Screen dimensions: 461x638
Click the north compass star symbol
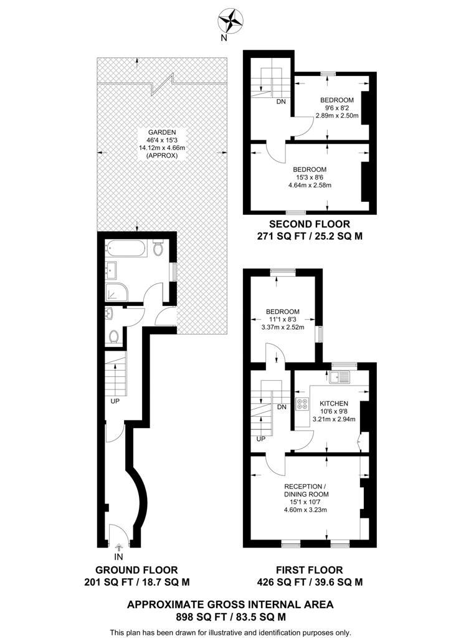[x=231, y=20]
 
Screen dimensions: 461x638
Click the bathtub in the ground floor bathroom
[x=125, y=249]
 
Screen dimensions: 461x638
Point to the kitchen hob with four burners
[x=302, y=404]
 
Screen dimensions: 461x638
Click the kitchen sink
[x=340, y=377]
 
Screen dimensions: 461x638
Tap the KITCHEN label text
[x=334, y=404]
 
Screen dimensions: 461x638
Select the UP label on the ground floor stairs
[x=115, y=401]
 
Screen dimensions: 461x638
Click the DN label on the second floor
[x=281, y=102]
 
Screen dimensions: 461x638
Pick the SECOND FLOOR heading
[x=310, y=224]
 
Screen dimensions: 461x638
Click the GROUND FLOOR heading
[x=136, y=570]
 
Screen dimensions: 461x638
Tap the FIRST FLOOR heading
[x=309, y=570]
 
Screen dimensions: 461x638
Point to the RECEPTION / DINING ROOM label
[x=306, y=490]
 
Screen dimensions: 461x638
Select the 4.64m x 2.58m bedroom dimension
[x=310, y=185]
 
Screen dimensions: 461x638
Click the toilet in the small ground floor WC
[x=113, y=336]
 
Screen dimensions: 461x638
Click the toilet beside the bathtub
[x=158, y=248]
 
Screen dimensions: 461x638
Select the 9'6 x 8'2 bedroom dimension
[x=336, y=108]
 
